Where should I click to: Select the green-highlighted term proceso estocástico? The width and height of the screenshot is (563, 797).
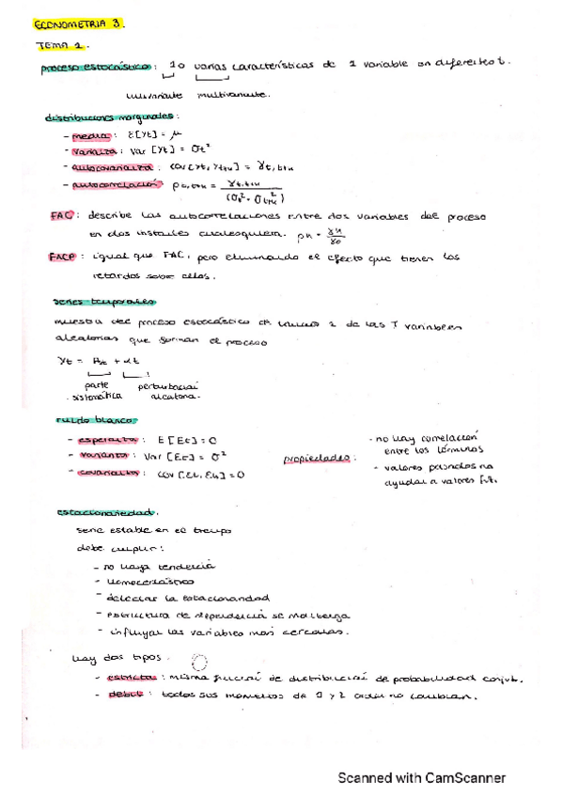point(98,69)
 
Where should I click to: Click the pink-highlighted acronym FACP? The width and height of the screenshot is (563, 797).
point(62,256)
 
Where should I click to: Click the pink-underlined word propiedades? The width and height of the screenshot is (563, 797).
point(314,460)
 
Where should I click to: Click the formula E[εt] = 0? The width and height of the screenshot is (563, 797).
point(187,439)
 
